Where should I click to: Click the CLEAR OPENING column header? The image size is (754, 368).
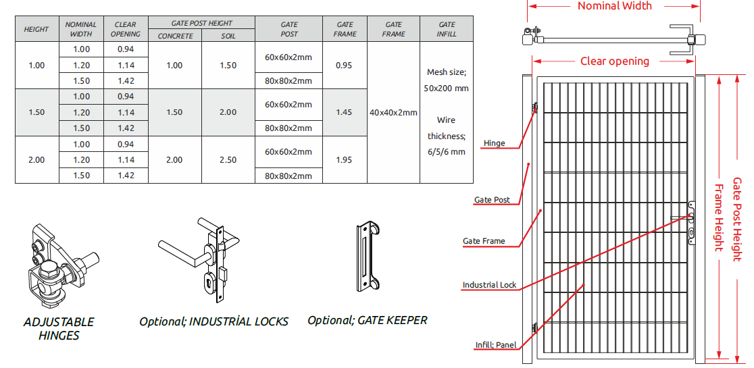126,29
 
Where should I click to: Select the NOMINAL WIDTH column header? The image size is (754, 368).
81,29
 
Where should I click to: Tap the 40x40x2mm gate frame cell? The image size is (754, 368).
393,112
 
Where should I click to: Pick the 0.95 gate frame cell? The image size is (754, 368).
345,65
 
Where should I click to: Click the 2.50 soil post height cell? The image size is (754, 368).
228,160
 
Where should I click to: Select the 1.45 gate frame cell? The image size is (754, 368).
345,112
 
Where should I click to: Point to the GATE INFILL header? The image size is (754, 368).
447,29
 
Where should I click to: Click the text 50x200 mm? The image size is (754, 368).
446,88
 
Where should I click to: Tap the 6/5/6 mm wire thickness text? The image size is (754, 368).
446,152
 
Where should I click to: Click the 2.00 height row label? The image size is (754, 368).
36,160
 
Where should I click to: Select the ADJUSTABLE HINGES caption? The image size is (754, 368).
59,329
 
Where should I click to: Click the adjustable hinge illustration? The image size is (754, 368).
61,266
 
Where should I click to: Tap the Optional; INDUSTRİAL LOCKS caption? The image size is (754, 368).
214,321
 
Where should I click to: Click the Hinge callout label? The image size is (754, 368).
495,143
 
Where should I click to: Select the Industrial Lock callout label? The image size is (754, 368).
490,285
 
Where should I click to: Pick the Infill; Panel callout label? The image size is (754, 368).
496,345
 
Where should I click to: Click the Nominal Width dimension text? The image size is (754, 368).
615,6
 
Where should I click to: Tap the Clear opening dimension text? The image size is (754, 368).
615,61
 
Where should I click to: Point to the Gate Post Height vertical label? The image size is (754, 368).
737,219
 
